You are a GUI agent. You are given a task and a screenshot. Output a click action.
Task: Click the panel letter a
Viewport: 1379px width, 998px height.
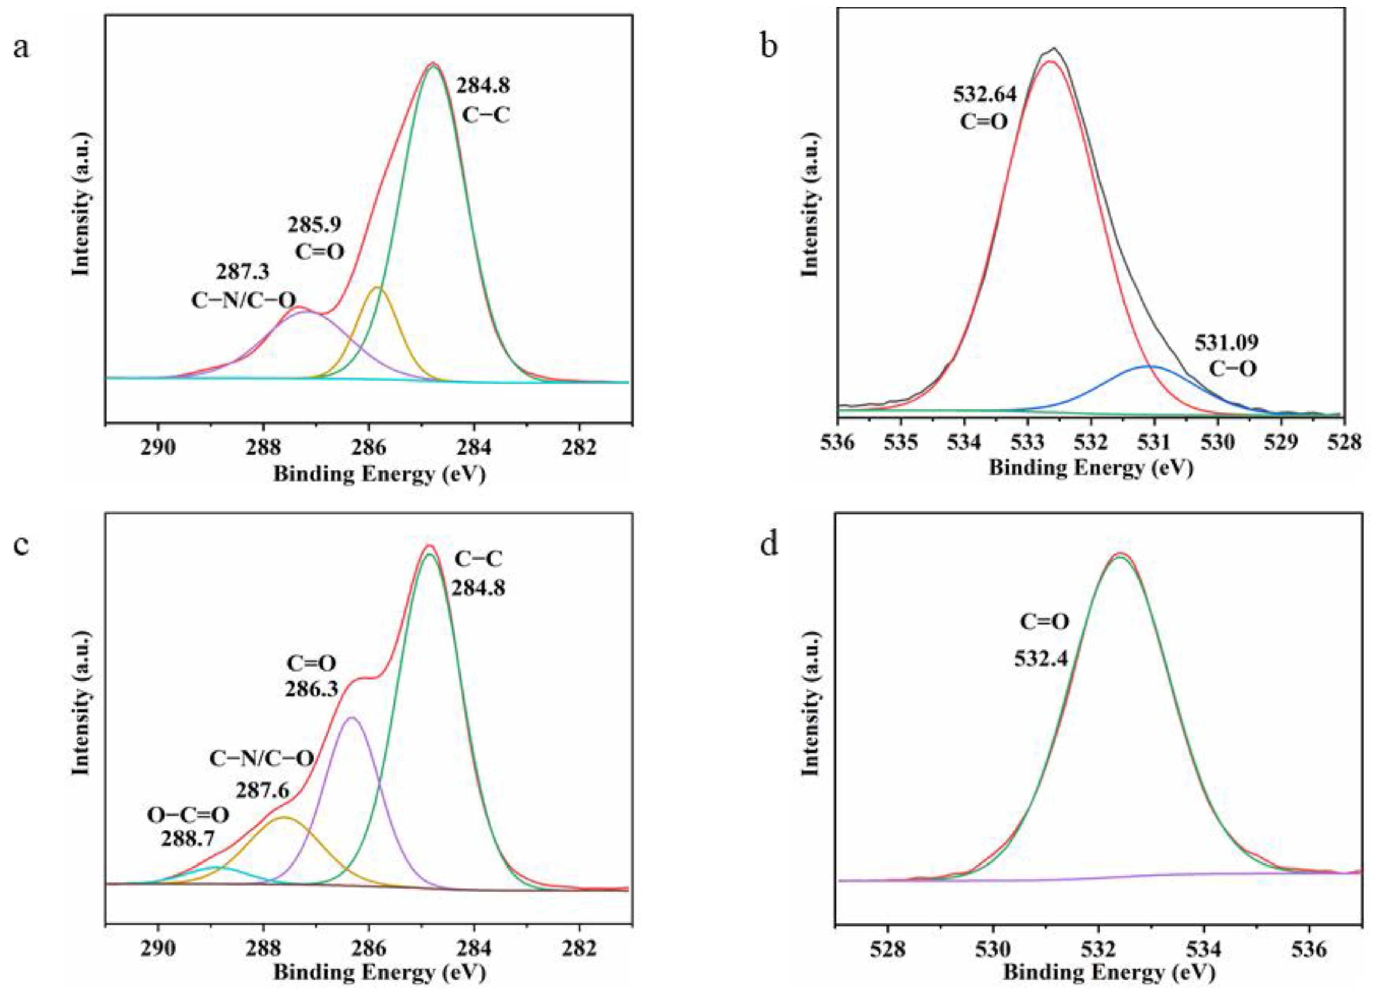pos(21,47)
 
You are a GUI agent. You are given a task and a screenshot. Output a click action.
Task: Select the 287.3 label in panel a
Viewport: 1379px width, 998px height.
pos(243,271)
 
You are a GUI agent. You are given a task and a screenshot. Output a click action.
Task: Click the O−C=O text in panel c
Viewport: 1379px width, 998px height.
pos(188,815)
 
